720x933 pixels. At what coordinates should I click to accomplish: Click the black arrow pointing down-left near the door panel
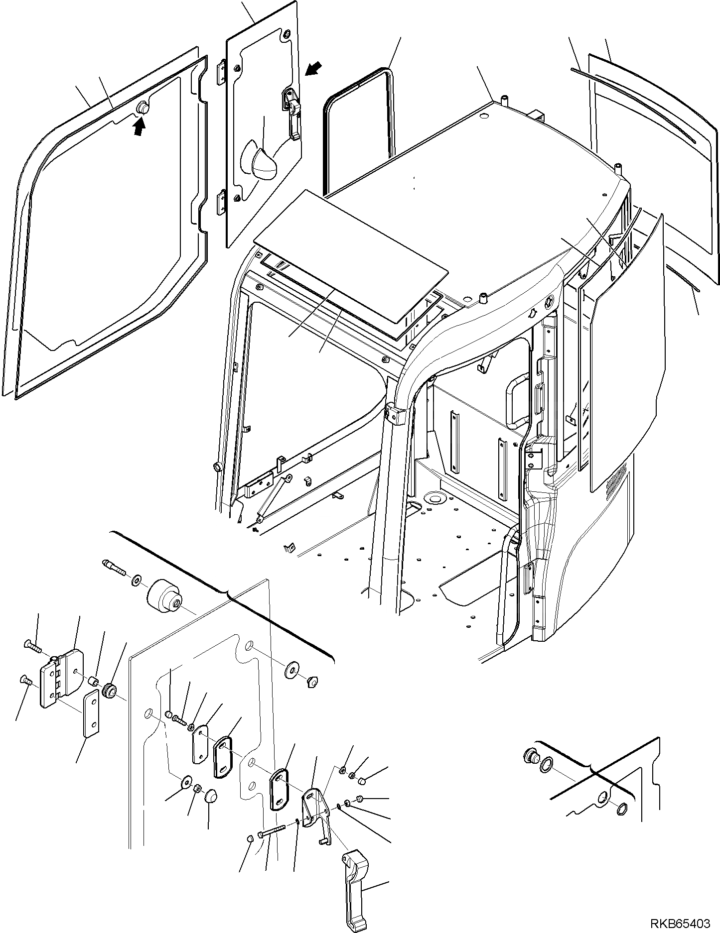pyautogui.click(x=313, y=69)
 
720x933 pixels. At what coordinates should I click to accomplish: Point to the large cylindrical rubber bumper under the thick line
pyautogui.click(x=165, y=600)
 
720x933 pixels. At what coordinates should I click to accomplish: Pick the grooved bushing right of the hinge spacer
pyautogui.click(x=110, y=692)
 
